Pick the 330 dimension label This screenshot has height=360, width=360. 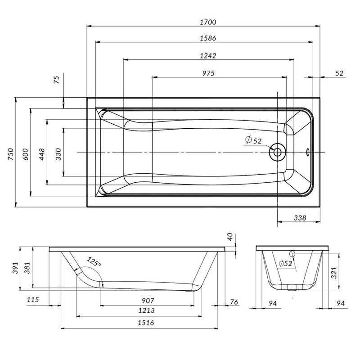pyautogui.click(x=58, y=153)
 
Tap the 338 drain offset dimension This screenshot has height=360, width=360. pyautogui.click(x=299, y=218)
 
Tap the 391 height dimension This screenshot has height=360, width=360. pyautogui.click(x=14, y=269)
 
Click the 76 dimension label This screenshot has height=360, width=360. pyautogui.click(x=234, y=302)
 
